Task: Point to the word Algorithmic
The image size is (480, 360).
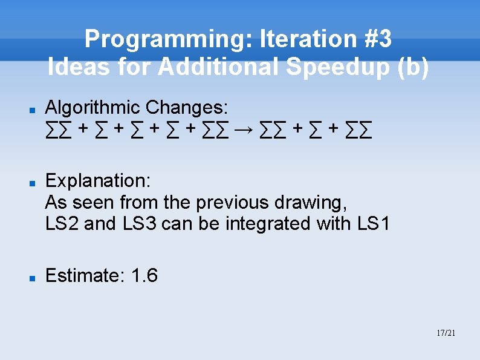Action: pos(93,108)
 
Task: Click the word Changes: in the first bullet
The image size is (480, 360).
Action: pos(187,108)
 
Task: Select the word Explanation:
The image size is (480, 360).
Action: pos(98,180)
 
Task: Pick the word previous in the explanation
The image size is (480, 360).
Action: pos(233,201)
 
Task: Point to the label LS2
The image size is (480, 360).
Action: pos(62,223)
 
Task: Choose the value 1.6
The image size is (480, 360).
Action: pos(144,276)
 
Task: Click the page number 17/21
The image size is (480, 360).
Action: pos(446,333)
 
